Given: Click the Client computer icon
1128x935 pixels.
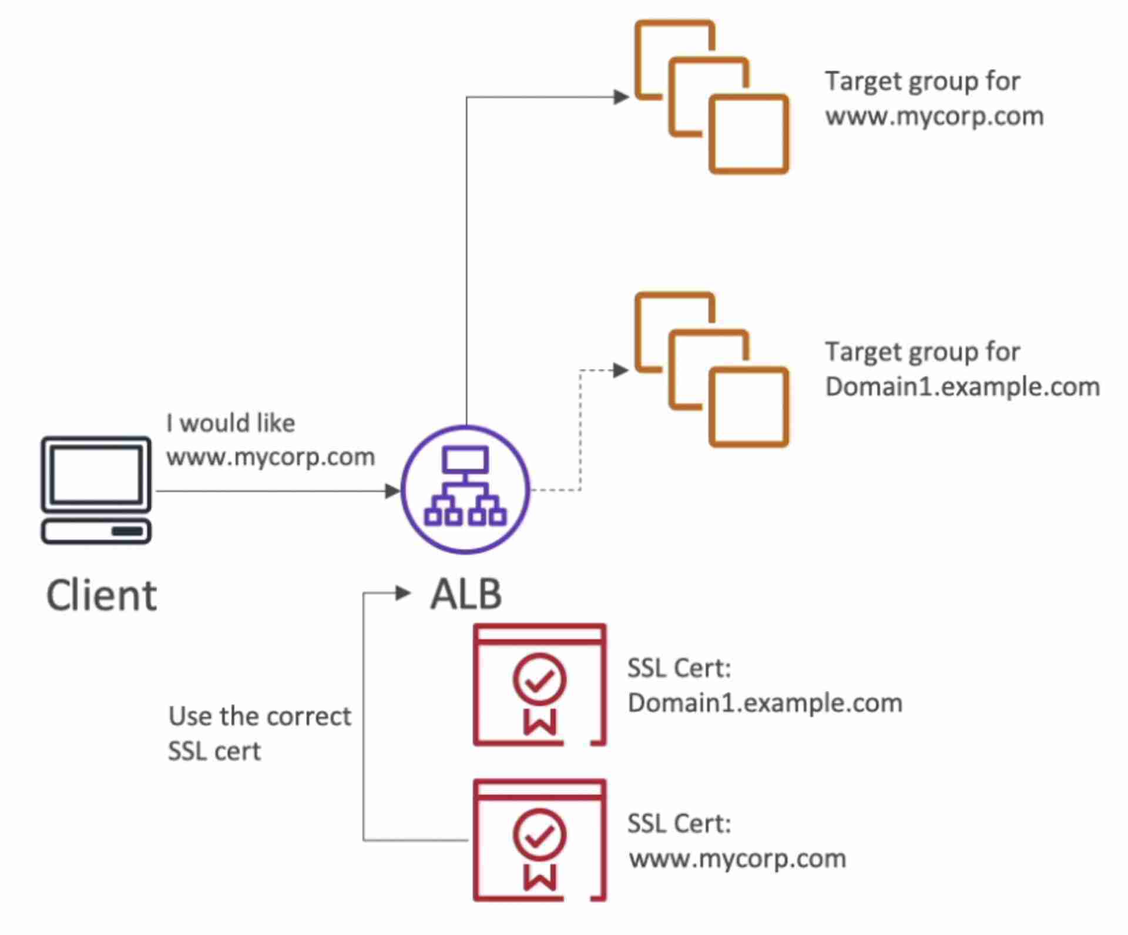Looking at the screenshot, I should pos(96,490).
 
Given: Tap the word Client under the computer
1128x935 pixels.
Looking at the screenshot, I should pos(101,595).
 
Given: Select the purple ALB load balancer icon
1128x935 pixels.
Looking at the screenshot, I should pos(465,490).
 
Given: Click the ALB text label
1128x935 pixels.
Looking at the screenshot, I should pos(466,594).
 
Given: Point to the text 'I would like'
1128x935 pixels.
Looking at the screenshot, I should pos(230,423).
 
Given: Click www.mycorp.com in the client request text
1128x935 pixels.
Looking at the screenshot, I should pos(270,457).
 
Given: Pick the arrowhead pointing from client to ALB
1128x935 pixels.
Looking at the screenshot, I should pos(392,491).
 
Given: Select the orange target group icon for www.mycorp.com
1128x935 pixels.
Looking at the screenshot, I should pos(711,97).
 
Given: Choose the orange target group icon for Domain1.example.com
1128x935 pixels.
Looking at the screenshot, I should pos(711,369).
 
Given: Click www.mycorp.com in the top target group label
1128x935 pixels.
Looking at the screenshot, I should pos(934,116).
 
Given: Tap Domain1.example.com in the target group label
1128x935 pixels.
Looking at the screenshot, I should pos(962,387).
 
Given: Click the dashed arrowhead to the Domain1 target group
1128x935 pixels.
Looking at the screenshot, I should pos(620,370).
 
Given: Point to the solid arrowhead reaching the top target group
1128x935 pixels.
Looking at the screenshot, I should pos(621,97).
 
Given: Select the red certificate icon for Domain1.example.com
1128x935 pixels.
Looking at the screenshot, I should pos(539,685).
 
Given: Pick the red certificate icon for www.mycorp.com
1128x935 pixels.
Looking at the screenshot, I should pos(539,840).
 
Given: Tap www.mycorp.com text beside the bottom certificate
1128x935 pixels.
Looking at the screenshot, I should pos(737,859).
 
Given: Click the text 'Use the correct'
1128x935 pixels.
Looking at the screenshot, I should pos(260,716).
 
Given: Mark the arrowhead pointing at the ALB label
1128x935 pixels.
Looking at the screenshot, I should pos(403,593).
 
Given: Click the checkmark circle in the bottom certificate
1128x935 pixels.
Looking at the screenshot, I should pos(539,835).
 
